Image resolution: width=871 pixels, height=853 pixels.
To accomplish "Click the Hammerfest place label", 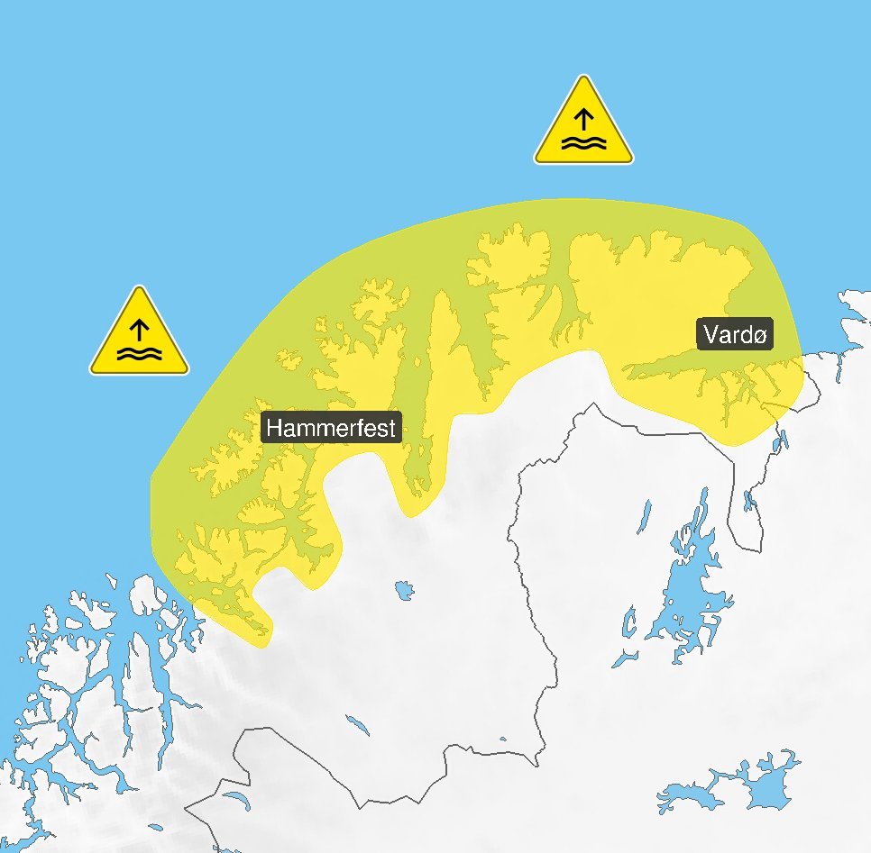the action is pos(331,427).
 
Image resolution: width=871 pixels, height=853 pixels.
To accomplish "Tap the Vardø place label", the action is pos(736,335).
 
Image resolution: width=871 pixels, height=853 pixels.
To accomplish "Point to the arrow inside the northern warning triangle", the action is pos(583,118).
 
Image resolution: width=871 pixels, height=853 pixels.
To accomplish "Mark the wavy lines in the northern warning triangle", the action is pos(583,143).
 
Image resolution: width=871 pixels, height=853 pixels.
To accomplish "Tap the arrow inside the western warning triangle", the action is pos(139,328).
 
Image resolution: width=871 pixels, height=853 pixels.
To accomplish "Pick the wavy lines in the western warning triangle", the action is pos(139,353).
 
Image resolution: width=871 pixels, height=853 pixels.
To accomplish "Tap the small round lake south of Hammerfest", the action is pos(404,591).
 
